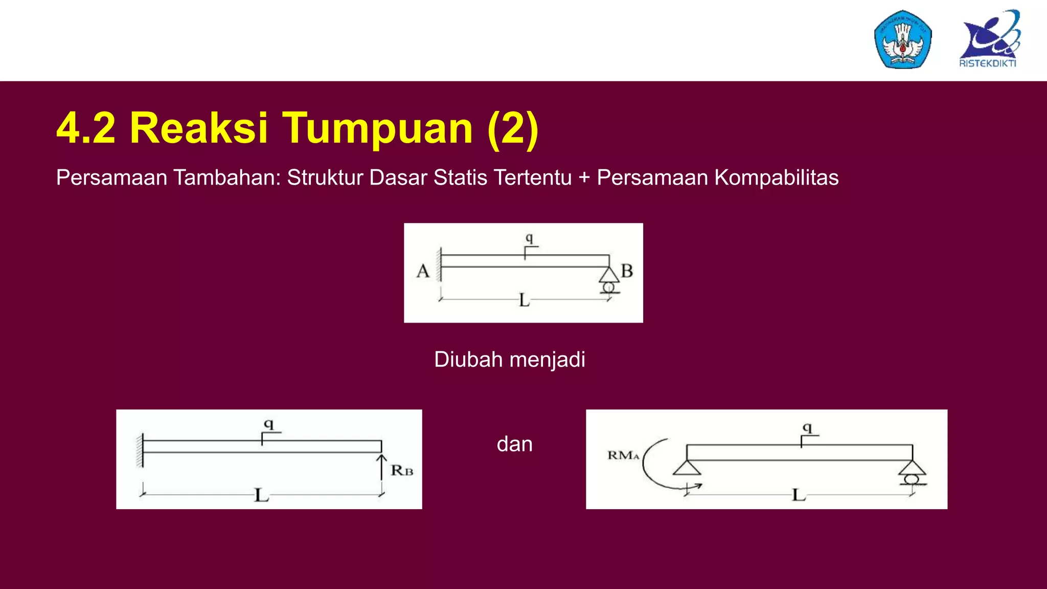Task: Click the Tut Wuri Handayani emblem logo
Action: tap(903, 39)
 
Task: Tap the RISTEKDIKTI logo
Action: tap(989, 39)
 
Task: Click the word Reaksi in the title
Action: tap(198, 128)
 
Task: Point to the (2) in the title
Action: tap(513, 128)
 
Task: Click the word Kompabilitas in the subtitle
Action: tap(776, 178)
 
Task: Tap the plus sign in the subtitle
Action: tap(584, 178)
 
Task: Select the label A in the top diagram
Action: tap(423, 271)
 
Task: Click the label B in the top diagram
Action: tap(627, 270)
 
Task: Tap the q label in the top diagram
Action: tap(529, 238)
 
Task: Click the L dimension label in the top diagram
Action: tap(524, 300)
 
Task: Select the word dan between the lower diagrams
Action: tap(514, 444)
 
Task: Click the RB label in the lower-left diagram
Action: tap(402, 470)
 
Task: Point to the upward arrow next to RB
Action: tap(381, 466)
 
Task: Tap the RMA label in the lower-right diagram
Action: tap(623, 455)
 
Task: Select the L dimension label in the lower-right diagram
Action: tap(798, 495)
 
